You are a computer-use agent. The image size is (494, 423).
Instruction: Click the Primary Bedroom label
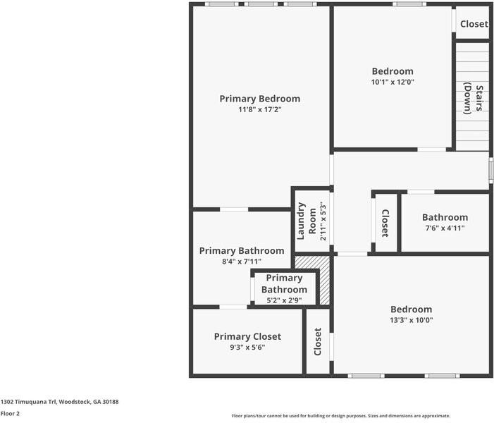[x=259, y=99]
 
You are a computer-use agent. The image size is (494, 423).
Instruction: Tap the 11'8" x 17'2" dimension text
[x=259, y=110]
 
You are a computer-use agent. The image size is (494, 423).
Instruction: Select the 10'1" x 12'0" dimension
[x=393, y=82]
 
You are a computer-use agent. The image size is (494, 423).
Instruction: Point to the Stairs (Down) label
[x=474, y=98]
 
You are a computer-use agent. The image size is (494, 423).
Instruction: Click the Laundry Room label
[x=307, y=221]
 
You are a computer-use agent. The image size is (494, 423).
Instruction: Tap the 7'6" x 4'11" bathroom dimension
[x=445, y=228]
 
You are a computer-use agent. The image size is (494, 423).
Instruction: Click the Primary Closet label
[x=247, y=336]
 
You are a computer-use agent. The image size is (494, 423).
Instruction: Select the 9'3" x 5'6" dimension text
[x=247, y=348]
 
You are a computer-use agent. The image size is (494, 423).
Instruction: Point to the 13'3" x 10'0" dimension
[x=411, y=320]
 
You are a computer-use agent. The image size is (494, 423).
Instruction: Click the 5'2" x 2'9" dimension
[x=284, y=300]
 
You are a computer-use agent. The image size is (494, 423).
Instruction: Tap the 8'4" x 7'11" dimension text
[x=242, y=262]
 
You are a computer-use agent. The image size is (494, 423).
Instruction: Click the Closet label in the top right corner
[x=474, y=24]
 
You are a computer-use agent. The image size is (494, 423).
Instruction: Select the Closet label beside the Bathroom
[x=385, y=223]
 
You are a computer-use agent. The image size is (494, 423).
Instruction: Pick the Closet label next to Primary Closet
[x=318, y=342]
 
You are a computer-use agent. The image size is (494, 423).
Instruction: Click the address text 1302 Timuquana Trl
[x=28, y=402]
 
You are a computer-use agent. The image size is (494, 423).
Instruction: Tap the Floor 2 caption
[x=10, y=414]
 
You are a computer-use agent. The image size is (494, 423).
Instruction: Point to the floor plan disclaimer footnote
[x=341, y=416]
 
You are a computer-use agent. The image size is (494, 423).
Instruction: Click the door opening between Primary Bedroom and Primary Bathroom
[x=234, y=209]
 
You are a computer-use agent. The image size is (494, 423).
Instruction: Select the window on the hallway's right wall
[x=491, y=171]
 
